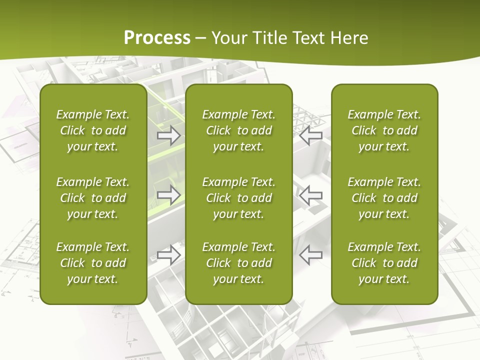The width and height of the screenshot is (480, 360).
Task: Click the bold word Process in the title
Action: point(157,38)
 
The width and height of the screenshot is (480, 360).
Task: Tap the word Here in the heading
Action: point(349,38)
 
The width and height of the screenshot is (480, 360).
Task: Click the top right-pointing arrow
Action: point(169,135)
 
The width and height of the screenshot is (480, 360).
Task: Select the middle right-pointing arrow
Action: point(169,194)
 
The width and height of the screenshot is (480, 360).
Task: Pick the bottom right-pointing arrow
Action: point(169,255)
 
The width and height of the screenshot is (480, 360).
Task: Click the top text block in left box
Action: point(93,130)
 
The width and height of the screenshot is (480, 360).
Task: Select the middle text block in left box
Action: point(93,198)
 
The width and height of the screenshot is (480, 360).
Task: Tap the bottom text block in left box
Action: point(93,263)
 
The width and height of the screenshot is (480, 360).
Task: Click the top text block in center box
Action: point(239,130)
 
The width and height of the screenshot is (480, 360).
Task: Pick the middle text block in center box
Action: point(239,198)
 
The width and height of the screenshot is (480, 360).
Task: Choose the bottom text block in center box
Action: point(239,263)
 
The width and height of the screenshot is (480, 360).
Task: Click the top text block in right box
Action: point(384,130)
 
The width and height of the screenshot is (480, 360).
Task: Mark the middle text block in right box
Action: point(384,198)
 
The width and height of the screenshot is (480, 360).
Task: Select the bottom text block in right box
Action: point(384,263)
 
